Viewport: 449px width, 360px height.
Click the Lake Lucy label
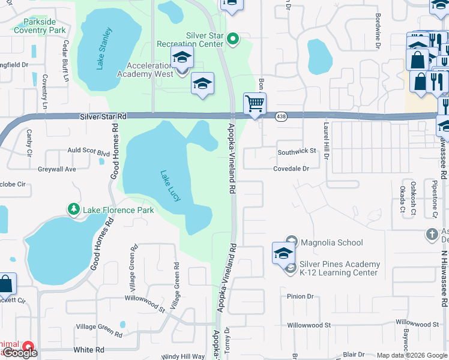(x=170, y=186)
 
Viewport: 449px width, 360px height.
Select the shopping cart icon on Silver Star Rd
(x=255, y=104)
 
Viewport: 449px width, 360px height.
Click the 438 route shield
(x=280, y=116)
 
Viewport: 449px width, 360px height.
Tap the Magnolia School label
(x=332, y=242)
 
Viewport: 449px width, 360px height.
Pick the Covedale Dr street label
(x=291, y=169)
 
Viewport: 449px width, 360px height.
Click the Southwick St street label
(x=297, y=151)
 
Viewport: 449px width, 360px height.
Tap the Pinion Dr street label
(x=300, y=296)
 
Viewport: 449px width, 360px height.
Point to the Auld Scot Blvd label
(x=88, y=151)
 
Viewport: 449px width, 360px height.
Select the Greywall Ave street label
(x=57, y=169)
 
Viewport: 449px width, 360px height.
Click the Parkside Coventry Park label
(x=40, y=25)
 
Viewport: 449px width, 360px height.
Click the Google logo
(x=20, y=353)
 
